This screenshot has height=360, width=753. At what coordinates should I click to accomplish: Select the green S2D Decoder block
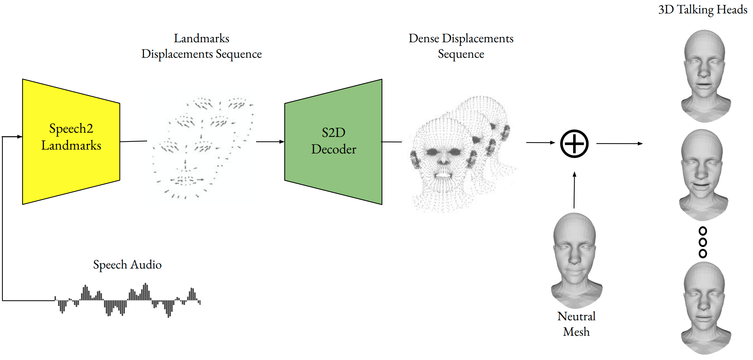click(333, 141)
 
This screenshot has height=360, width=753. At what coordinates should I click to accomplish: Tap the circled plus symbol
click(574, 144)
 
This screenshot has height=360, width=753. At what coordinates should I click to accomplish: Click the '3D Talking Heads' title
click(703, 10)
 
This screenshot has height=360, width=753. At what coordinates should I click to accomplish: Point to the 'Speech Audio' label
click(127, 265)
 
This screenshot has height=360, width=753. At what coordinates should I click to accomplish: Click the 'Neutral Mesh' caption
click(576, 324)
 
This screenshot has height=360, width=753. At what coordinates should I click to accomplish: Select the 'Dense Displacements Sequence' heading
click(461, 46)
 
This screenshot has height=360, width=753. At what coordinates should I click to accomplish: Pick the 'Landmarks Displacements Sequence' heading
click(202, 46)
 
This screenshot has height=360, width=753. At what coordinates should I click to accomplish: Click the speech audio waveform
click(127, 300)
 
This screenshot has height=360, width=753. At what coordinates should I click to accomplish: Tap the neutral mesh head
click(576, 260)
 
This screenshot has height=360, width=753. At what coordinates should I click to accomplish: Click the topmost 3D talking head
click(705, 76)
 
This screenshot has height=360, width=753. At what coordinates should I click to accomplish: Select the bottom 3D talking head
click(705, 308)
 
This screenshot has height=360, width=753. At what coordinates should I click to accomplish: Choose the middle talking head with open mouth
click(703, 175)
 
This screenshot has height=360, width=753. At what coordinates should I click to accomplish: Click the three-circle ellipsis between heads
click(703, 242)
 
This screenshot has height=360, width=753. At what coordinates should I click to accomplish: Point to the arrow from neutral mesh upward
click(574, 190)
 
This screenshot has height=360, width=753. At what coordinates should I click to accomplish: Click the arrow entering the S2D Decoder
click(270, 142)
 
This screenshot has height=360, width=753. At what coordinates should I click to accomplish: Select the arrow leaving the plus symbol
click(620, 144)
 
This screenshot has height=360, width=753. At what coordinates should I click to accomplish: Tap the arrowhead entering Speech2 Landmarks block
click(20, 137)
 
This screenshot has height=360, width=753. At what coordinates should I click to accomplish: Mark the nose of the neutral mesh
click(575, 259)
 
